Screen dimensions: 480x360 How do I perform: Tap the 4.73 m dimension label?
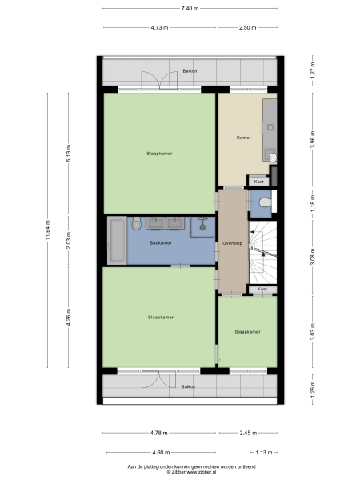point(159,27)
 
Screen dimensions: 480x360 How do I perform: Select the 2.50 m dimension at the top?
point(247,27)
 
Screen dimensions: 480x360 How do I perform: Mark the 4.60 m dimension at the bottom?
point(159,454)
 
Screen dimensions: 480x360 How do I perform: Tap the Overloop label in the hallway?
point(232,242)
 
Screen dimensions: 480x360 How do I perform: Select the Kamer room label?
point(245,138)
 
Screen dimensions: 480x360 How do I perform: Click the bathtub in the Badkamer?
point(117,239)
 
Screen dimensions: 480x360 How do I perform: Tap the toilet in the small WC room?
point(266,205)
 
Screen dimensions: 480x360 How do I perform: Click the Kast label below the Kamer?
point(258,182)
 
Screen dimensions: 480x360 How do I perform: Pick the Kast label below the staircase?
point(262,289)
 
